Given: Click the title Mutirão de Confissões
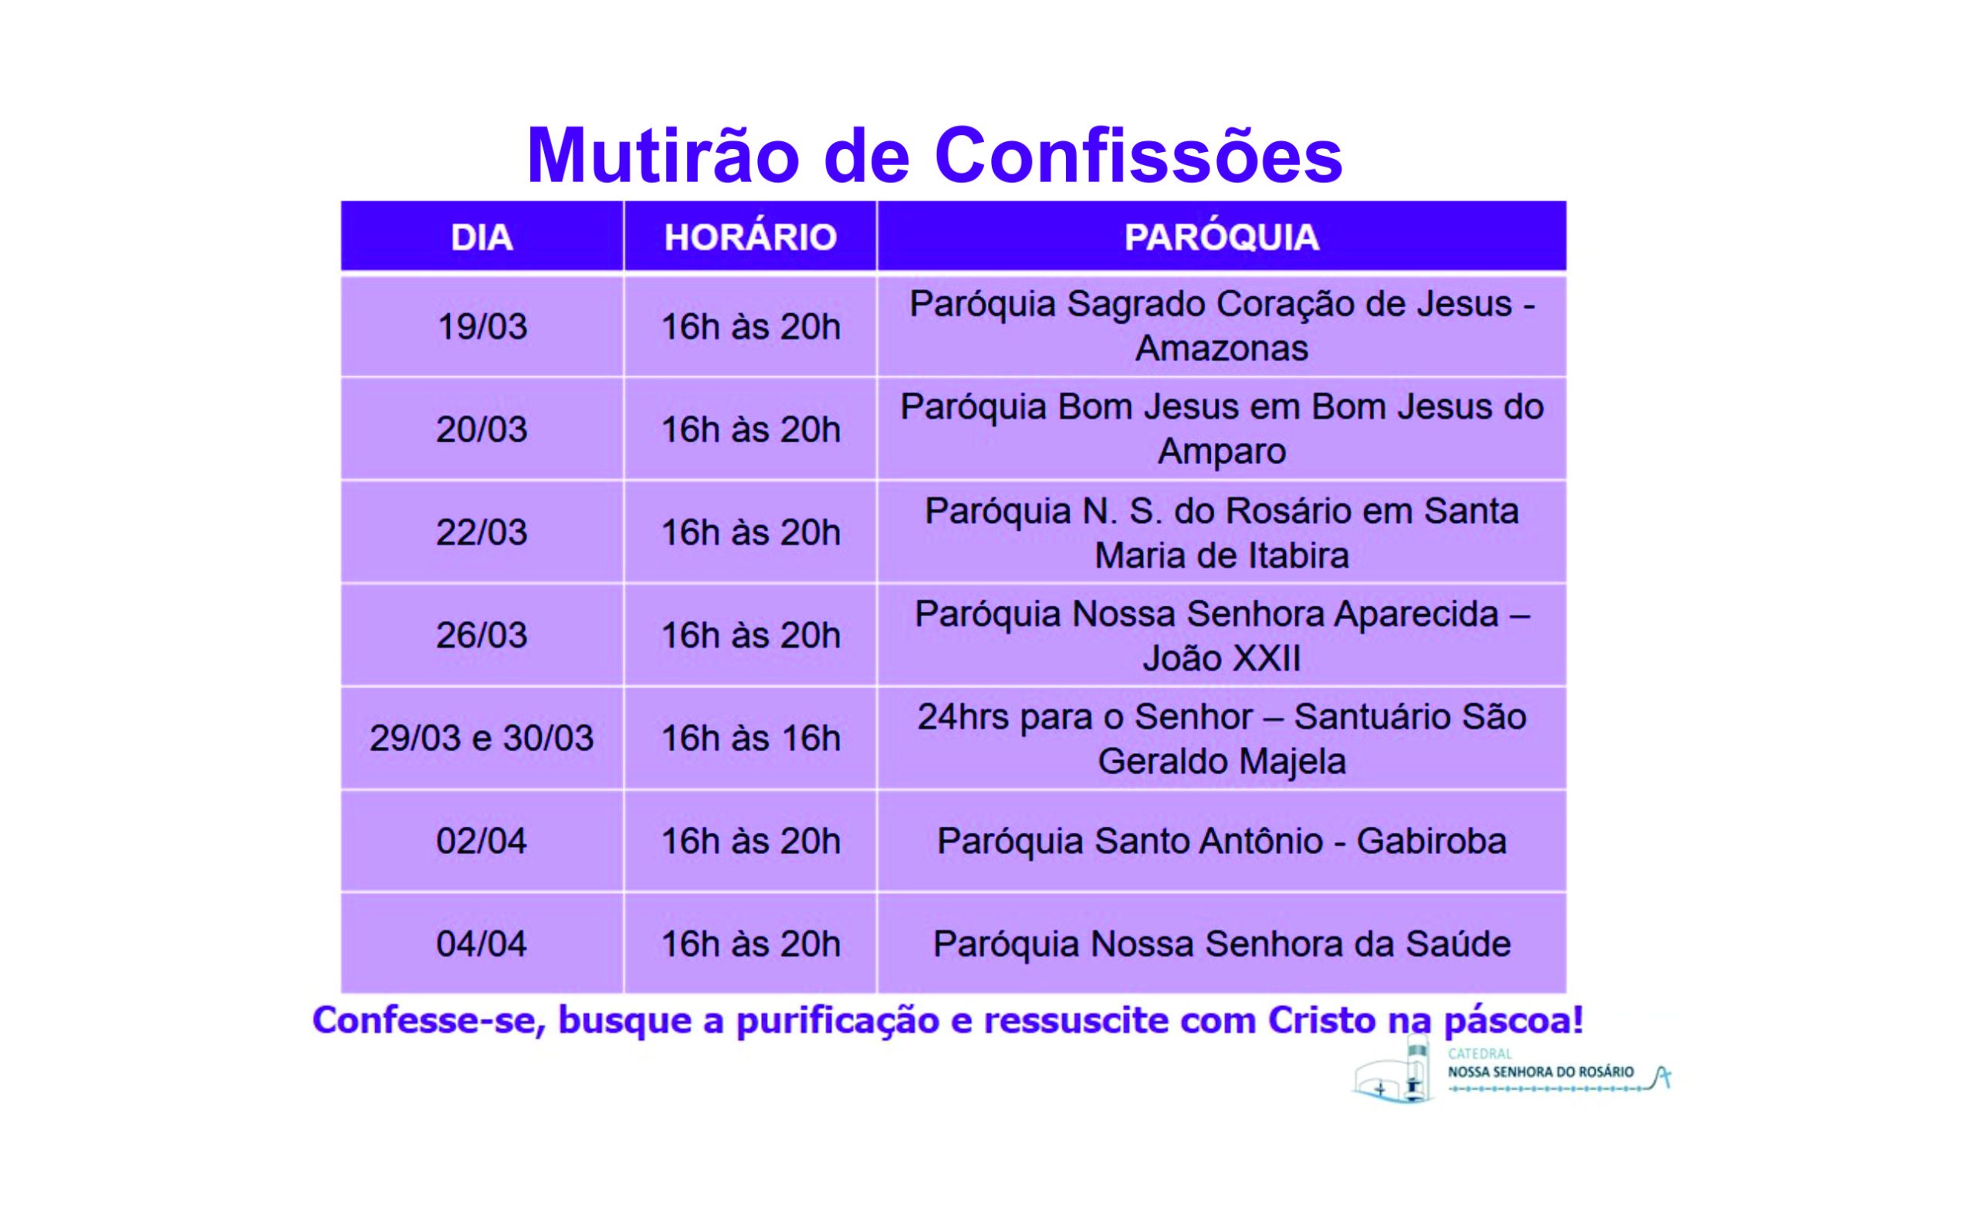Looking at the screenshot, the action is click(934, 155).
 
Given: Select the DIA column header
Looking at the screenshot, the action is click(482, 237).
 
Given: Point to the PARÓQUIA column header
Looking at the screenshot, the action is click(1221, 237).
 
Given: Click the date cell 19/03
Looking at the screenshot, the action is click(482, 326).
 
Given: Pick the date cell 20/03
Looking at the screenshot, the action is click(482, 430).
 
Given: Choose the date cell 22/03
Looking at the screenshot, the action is click(482, 532).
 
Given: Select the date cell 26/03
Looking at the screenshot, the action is click(482, 635).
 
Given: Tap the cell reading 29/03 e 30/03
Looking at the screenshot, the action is click(482, 738).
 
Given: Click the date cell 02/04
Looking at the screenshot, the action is click(482, 841).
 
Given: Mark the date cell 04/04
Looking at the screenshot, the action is click(482, 944).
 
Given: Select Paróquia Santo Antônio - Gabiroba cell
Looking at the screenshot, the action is click(1221, 841).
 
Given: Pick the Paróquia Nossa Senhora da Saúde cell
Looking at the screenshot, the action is click(1221, 944).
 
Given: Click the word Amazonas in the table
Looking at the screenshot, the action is click(1221, 348).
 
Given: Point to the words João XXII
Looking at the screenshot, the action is click(1221, 659).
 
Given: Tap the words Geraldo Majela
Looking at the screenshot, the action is click(1221, 762).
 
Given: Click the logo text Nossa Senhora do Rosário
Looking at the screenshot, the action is click(1541, 1072).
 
